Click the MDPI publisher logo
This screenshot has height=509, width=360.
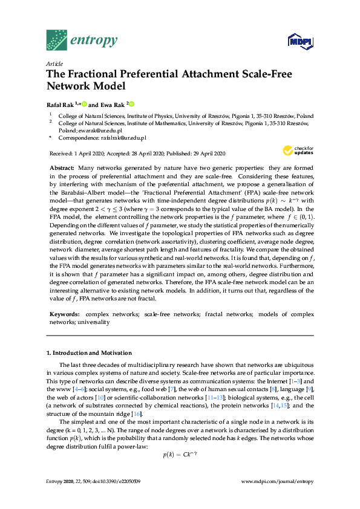coord(300,42)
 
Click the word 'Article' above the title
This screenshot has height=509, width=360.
coord(54,63)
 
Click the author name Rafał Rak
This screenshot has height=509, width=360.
coord(59,103)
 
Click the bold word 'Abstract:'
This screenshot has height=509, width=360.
coord(62,167)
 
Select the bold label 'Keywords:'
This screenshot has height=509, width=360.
coord(64,314)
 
